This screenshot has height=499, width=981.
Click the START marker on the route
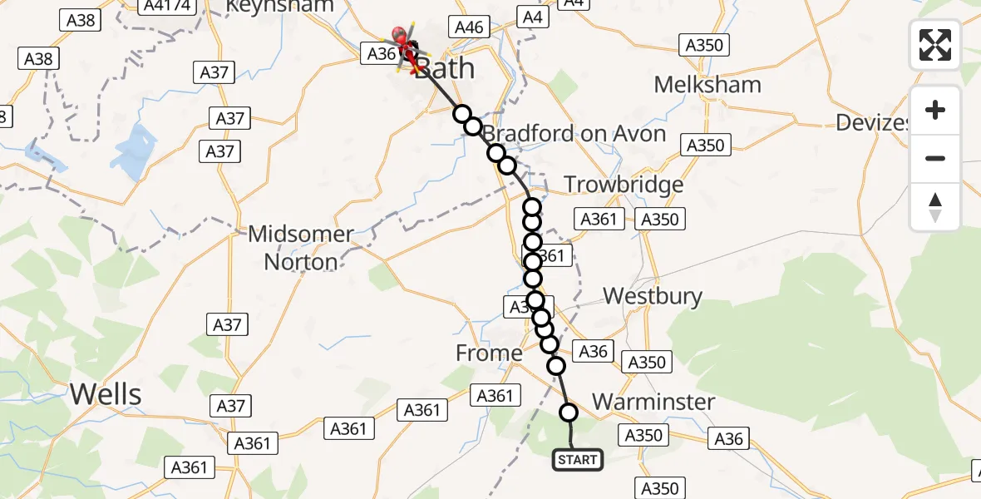[577, 459]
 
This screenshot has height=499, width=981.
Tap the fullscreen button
[935, 45]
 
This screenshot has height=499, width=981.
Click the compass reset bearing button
[935, 208]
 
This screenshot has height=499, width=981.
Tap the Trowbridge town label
[624, 185]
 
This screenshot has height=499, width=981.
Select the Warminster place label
[653, 403]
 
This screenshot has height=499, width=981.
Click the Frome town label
[489, 353]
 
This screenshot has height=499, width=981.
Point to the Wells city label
[106, 394]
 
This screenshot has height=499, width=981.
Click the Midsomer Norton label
[301, 248]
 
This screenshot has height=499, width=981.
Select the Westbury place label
[653, 296]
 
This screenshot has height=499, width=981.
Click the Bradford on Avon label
[574, 134]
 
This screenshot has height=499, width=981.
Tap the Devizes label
[873, 123]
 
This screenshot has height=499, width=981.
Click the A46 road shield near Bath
[468, 27]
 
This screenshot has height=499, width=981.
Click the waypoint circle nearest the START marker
[569, 412]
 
